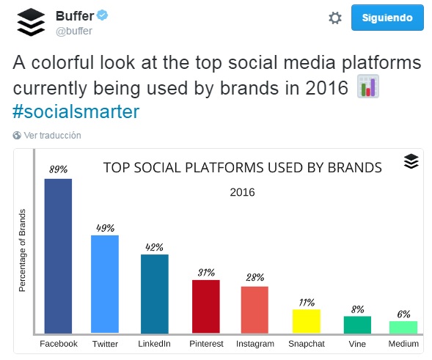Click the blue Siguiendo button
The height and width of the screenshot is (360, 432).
pos(387,18)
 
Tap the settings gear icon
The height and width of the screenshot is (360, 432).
pos(335,18)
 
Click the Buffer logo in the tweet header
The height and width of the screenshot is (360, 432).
pos(31,23)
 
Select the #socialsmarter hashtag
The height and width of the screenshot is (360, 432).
pos(76,111)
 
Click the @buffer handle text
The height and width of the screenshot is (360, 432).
pos(73,31)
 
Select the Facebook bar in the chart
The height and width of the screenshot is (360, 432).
pos(58,256)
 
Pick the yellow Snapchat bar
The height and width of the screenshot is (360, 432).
pos(307,321)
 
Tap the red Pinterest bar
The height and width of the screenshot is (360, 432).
pos(205,306)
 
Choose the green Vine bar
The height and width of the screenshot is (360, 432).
pos(357,325)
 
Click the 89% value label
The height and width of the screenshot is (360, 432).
pos(58,169)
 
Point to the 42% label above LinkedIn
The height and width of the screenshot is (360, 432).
pos(154,246)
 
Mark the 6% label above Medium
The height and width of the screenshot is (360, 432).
pos(403,314)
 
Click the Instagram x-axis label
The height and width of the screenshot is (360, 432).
pos(255,343)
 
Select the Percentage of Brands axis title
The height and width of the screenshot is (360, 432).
pos(22,251)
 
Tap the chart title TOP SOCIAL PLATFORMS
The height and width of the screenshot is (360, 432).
pos(242,167)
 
